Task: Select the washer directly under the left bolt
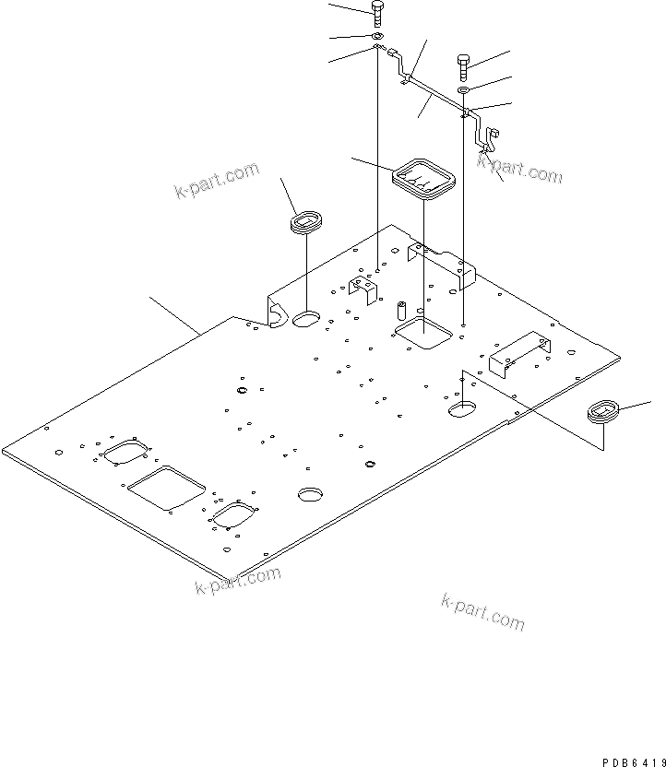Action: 378,36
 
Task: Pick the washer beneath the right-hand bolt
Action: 464,90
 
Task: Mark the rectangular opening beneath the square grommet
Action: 422,333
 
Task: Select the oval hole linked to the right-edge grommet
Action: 461,408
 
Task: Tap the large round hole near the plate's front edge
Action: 311,494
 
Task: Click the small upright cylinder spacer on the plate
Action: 402,308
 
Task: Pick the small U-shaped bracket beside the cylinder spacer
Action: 363,289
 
